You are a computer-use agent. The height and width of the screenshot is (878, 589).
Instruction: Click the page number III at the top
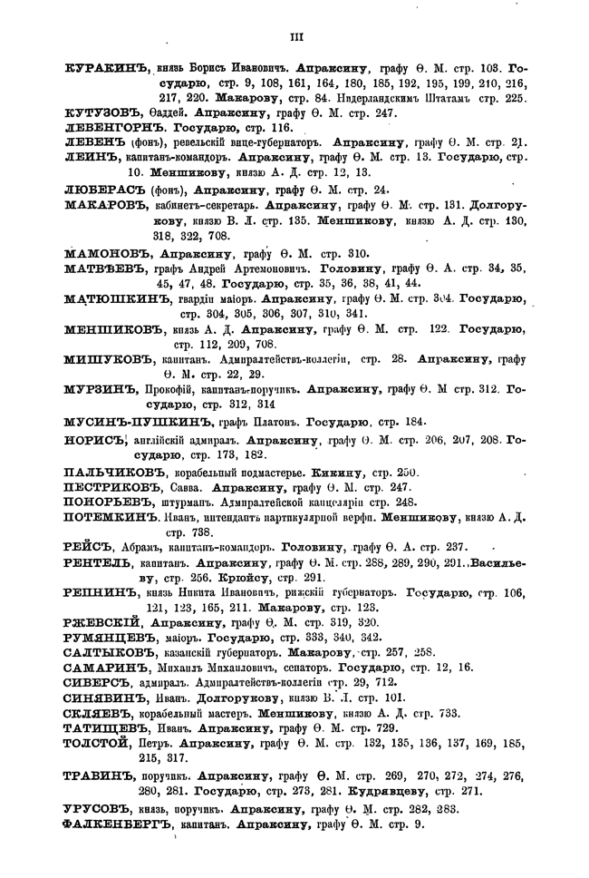pyautogui.click(x=294, y=37)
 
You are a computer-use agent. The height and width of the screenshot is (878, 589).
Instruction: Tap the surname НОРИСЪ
pyautogui.click(x=94, y=440)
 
